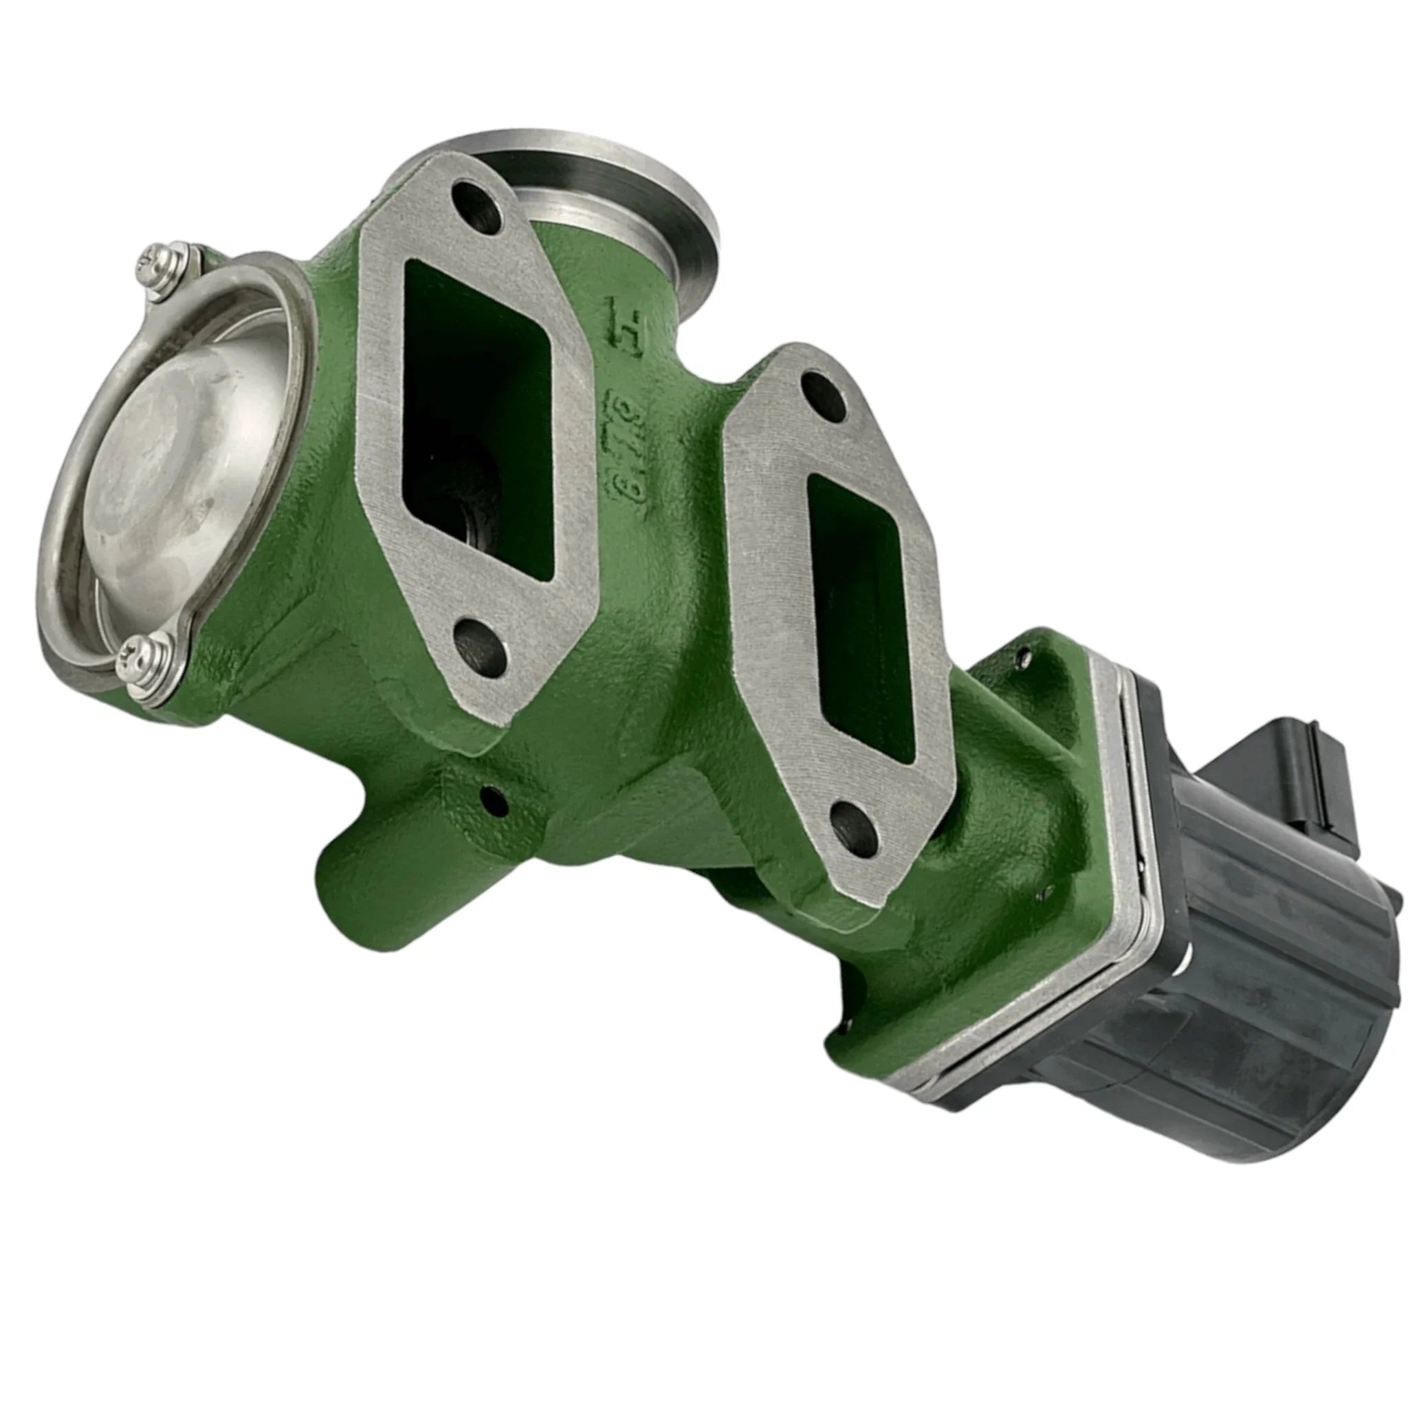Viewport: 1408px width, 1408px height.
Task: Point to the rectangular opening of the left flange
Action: pos(477,415)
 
